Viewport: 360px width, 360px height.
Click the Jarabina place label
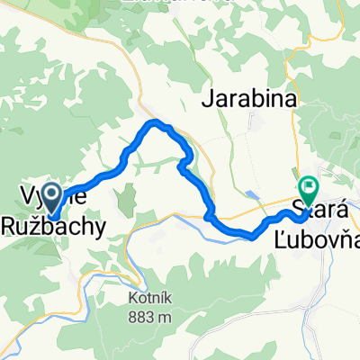253,101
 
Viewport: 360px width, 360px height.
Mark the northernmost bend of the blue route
157,121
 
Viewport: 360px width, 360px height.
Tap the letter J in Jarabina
214,101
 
